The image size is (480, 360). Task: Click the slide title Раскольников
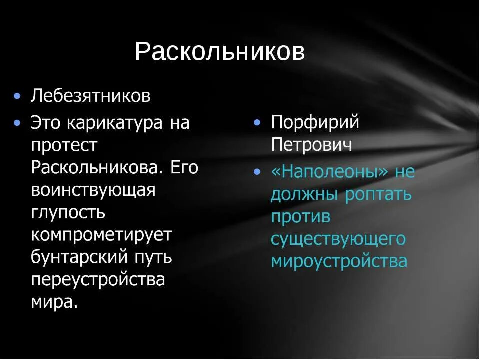[x=220, y=52]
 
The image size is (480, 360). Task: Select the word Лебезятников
[x=90, y=96]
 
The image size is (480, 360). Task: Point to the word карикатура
[x=114, y=123]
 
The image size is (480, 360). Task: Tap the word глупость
[x=68, y=212]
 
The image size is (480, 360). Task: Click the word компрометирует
[x=101, y=234]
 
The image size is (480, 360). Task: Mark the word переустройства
[x=98, y=279]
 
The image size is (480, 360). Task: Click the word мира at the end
[x=54, y=301]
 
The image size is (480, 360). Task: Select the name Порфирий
[x=315, y=123]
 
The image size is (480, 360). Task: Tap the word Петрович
[x=311, y=145]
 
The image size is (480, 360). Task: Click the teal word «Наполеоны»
[x=329, y=172]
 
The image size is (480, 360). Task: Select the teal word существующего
[x=338, y=239]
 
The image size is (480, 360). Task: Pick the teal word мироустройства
[x=339, y=261]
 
